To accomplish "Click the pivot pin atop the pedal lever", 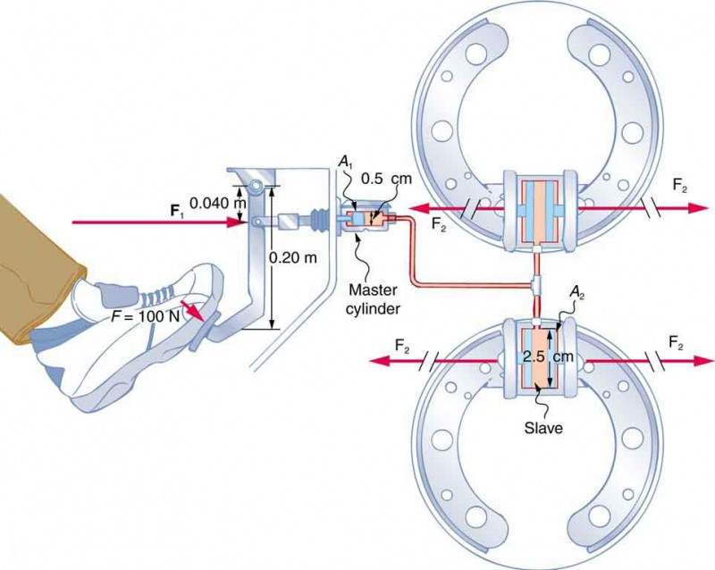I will coord(257,186).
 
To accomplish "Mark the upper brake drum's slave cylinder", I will coord(539,207).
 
